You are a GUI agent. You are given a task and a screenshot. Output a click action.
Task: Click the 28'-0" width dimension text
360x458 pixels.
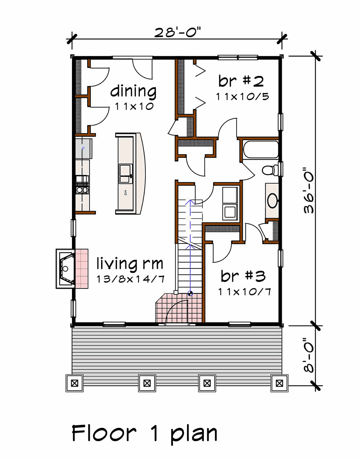[x=177, y=32]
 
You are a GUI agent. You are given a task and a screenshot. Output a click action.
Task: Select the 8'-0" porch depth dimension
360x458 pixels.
[x=309, y=355]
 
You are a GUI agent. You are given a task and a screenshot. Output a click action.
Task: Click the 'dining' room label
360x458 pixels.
[x=133, y=91]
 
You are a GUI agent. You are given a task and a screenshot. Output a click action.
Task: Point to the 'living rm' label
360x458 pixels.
[x=130, y=263]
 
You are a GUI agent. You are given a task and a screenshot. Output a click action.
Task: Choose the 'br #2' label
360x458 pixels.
[x=241, y=81]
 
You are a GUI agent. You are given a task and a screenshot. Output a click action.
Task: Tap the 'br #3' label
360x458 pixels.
[x=243, y=276]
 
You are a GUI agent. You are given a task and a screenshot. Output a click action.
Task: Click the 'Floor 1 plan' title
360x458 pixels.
[x=144, y=433]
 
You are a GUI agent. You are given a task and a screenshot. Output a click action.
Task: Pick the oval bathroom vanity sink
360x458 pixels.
[x=272, y=201]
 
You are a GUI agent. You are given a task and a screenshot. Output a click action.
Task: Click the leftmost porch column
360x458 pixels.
[x=75, y=383]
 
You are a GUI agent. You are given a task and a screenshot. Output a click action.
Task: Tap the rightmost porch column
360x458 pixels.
[x=279, y=383]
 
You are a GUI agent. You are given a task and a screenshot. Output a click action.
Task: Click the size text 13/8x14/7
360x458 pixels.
[x=130, y=279]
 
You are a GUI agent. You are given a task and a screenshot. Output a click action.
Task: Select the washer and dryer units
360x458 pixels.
[x=230, y=203]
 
